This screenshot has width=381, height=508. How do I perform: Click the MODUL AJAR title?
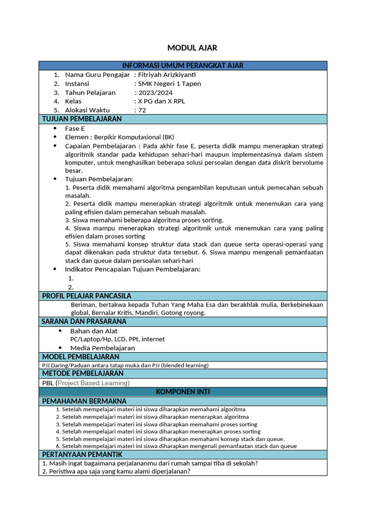tap(192, 48)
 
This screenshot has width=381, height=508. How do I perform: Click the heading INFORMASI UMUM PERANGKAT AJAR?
tap(183, 65)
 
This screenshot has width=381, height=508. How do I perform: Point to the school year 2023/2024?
tap(155, 92)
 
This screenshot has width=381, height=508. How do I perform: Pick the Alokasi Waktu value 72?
tap(142, 110)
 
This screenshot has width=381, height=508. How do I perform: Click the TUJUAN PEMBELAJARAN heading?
tap(82, 119)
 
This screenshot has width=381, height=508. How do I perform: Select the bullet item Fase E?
tap(75, 128)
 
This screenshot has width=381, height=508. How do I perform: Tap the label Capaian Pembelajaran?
tap(101, 146)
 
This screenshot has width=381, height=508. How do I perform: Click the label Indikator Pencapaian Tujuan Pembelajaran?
tap(132, 269)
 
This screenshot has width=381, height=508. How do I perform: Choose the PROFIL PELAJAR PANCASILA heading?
tap(86, 296)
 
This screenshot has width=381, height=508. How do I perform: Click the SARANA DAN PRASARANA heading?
tap(84, 321)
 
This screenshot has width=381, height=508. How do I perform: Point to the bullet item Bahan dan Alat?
tap(94, 331)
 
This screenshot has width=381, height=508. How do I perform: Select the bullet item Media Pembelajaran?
tap(102, 348)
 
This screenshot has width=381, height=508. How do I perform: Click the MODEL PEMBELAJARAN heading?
tap(80, 357)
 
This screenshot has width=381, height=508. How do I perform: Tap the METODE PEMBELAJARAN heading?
tap(82, 373)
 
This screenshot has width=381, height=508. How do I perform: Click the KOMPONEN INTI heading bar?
tap(183, 392)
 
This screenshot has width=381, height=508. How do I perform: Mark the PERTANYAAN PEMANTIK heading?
tap(82, 454)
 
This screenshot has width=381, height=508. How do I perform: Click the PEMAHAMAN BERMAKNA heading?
tap(84, 401)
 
